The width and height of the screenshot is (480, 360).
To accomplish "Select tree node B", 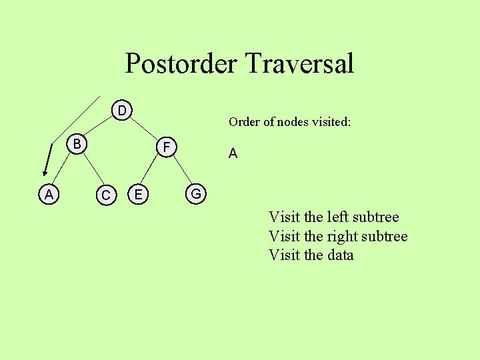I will (x=77, y=143).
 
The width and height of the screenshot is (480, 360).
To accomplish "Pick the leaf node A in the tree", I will (x=49, y=195).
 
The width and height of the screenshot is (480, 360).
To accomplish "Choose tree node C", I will (x=105, y=195).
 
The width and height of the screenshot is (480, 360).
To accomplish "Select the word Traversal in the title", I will (x=299, y=64).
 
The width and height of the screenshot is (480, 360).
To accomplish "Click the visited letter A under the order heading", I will (x=233, y=154).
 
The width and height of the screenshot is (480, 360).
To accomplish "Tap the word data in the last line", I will (x=340, y=255).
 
